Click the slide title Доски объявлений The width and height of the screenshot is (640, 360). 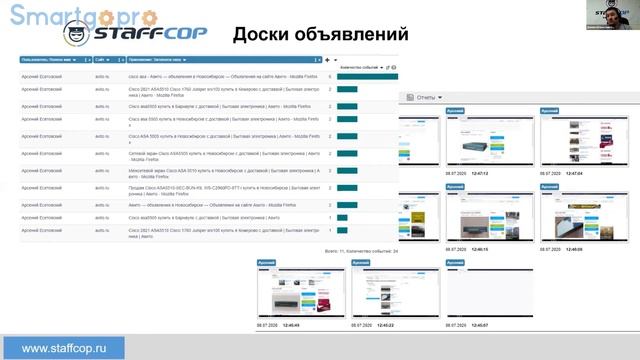click(319, 34)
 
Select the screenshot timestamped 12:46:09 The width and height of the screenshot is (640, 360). click(569, 218)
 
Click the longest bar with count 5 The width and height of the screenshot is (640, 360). click(366, 75)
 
